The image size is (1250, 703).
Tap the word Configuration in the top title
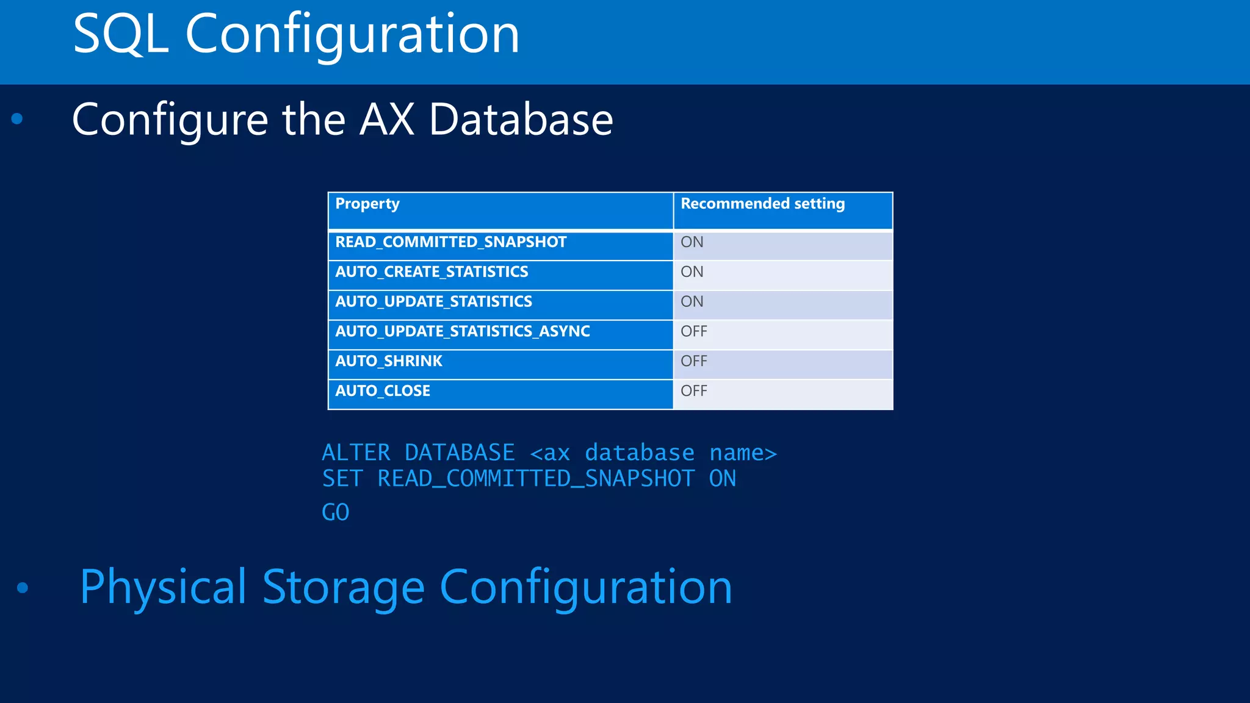pyautogui.click(x=352, y=35)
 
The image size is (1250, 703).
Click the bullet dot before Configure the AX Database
pyautogui.click(x=17, y=118)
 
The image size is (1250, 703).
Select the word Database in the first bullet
pyautogui.click(x=521, y=120)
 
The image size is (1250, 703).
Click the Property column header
pyautogui.click(x=367, y=204)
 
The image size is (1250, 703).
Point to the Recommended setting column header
pyautogui.click(x=762, y=204)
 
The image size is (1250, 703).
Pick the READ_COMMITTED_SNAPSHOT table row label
pyautogui.click(x=450, y=242)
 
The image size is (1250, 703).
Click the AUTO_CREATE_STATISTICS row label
pyautogui.click(x=432, y=272)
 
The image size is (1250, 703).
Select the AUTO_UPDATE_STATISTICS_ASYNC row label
pyautogui.click(x=462, y=331)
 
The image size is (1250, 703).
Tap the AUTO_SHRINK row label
pyautogui.click(x=388, y=361)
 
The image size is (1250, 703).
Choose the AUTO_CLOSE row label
pyautogui.click(x=383, y=391)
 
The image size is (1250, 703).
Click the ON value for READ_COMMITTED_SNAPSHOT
pyautogui.click(x=692, y=242)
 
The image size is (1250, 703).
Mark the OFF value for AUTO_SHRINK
pyautogui.click(x=693, y=361)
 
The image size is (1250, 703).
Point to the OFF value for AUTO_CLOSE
pyautogui.click(x=693, y=391)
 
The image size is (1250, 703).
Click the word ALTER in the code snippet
pyautogui.click(x=356, y=453)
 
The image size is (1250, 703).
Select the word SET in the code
pyautogui.click(x=342, y=479)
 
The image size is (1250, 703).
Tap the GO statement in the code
pyautogui.click(x=335, y=513)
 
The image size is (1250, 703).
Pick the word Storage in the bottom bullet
pyautogui.click(x=343, y=587)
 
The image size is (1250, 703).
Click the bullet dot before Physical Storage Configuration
pyautogui.click(x=23, y=588)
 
